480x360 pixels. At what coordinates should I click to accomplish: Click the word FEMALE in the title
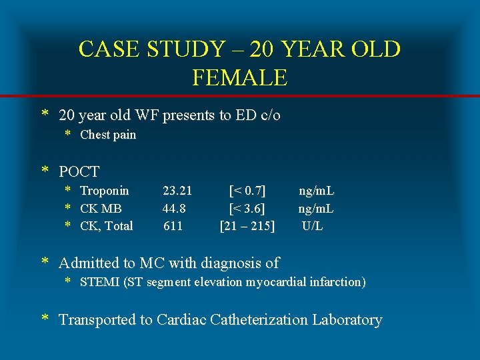239,78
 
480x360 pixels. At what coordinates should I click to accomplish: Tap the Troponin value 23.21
177,191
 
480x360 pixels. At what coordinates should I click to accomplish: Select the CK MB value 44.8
174,209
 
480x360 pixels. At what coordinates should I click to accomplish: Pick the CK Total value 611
173,226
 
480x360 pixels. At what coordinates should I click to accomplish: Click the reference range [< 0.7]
247,191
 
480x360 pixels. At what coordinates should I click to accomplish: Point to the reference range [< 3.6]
247,209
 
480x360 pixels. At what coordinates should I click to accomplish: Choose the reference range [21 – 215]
247,226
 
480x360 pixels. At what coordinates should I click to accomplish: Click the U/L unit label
312,226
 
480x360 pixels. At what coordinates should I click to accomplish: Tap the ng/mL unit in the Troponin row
316,191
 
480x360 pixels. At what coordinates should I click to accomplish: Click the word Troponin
104,191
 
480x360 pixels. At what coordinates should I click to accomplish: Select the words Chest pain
107,135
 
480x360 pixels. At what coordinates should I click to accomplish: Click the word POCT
79,171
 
